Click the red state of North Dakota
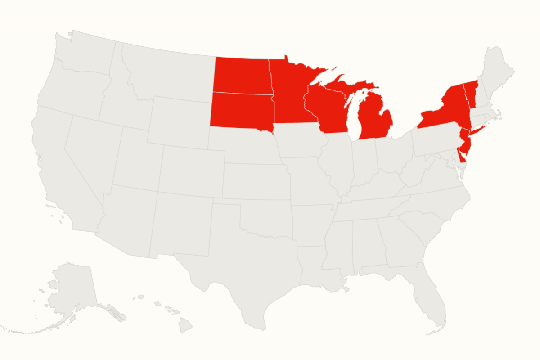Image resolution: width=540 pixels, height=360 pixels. pos(241,75)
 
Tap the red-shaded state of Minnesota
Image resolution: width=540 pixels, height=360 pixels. pos(290,97)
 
